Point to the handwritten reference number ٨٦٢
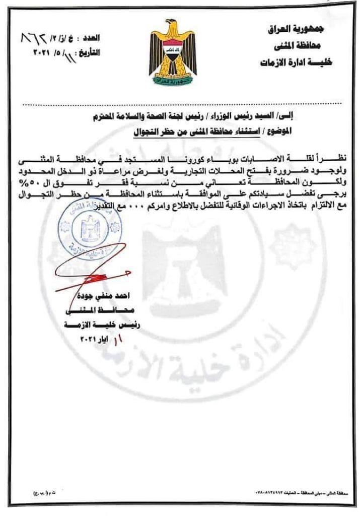[x=34, y=38]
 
